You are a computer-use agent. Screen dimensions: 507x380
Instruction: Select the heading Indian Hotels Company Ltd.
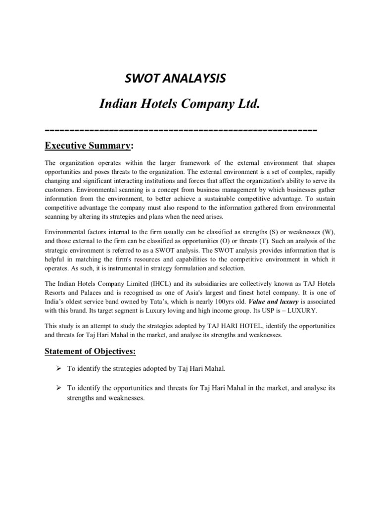(x=180, y=104)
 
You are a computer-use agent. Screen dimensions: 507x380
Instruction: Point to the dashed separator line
(x=181, y=130)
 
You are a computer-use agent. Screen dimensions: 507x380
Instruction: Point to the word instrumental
(x=137, y=267)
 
